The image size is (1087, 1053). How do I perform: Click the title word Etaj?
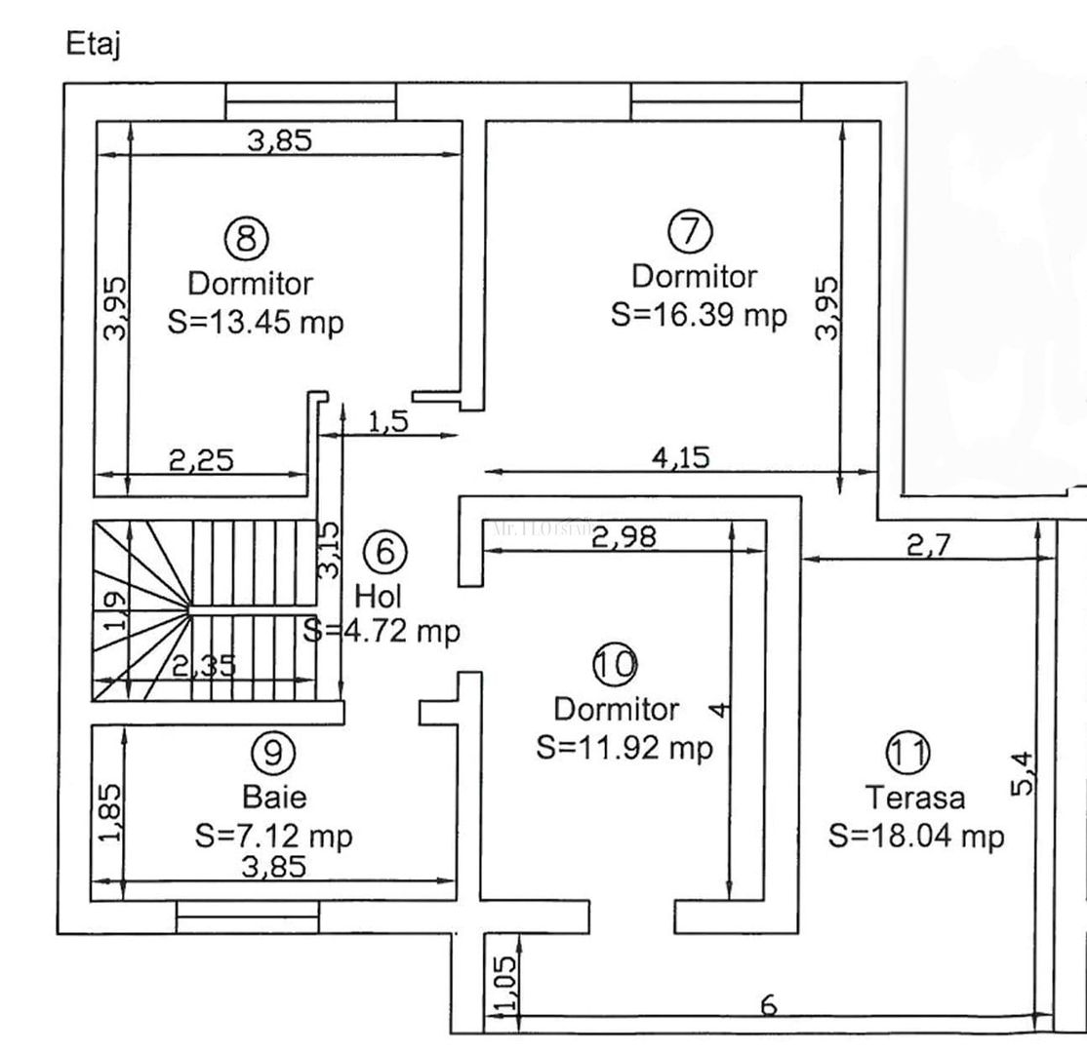(x=93, y=45)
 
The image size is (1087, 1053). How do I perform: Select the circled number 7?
(x=690, y=230)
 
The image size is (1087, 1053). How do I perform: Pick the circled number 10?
(x=615, y=664)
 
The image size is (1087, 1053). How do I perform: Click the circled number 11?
(x=907, y=752)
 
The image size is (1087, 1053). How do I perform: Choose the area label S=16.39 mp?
(x=699, y=315)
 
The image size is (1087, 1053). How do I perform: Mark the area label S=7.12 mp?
(x=273, y=836)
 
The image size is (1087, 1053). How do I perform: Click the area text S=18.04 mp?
(x=916, y=836)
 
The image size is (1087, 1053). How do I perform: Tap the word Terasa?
(x=916, y=798)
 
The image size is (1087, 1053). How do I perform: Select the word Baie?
(x=274, y=798)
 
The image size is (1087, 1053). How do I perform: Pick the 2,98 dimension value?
(x=624, y=535)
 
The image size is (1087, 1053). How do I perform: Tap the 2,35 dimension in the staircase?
(x=205, y=666)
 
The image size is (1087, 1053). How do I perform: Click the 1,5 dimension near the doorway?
(x=387, y=422)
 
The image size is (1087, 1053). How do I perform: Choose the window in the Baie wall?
(x=248, y=916)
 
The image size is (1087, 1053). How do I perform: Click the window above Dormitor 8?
(x=310, y=101)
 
